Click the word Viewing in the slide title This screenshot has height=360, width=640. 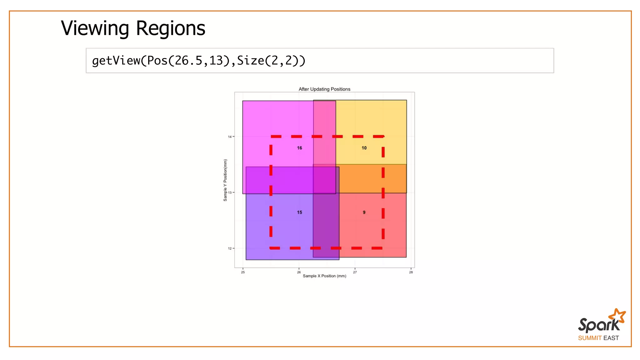click(95, 28)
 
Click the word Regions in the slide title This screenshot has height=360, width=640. click(171, 28)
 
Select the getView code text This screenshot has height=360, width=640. click(198, 61)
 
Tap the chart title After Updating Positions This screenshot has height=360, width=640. click(324, 89)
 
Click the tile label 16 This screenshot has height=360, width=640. click(299, 148)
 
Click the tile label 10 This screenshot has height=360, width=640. click(364, 148)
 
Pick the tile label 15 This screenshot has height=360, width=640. click(299, 212)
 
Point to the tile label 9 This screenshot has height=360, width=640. click(364, 212)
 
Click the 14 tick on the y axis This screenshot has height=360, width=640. click(230, 137)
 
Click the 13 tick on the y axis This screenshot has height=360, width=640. click(230, 192)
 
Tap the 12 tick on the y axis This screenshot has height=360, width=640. click(230, 248)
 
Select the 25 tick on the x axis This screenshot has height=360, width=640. click(243, 272)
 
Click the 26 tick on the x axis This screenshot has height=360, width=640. click(299, 272)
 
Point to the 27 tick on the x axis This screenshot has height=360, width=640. click(355, 272)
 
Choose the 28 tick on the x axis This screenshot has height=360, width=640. click(411, 272)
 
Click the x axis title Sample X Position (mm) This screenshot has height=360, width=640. click(324, 276)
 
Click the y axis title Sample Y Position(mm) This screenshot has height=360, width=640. click(225, 180)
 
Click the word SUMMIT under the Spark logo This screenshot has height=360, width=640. click(590, 338)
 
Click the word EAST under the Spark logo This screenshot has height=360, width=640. click(611, 338)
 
